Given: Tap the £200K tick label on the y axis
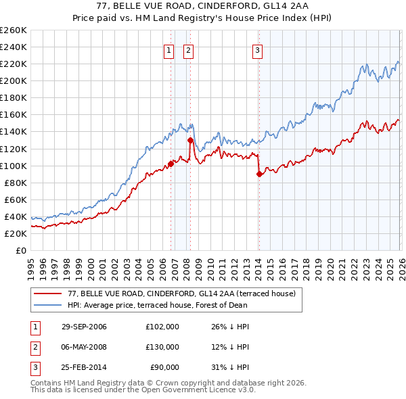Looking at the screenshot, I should (14, 80).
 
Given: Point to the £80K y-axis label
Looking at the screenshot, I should (16, 183).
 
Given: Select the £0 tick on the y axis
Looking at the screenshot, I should (22, 250).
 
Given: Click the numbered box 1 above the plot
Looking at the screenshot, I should (168, 49).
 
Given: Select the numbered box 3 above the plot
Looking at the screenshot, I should (258, 49).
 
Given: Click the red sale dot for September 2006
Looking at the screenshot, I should (171, 163).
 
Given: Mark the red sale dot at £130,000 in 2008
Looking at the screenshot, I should (190, 140).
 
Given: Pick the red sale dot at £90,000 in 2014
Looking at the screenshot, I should (260, 174).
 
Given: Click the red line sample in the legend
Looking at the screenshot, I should (48, 294).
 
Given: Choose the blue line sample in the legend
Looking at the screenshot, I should (48, 305).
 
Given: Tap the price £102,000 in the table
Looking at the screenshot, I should (162, 326).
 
